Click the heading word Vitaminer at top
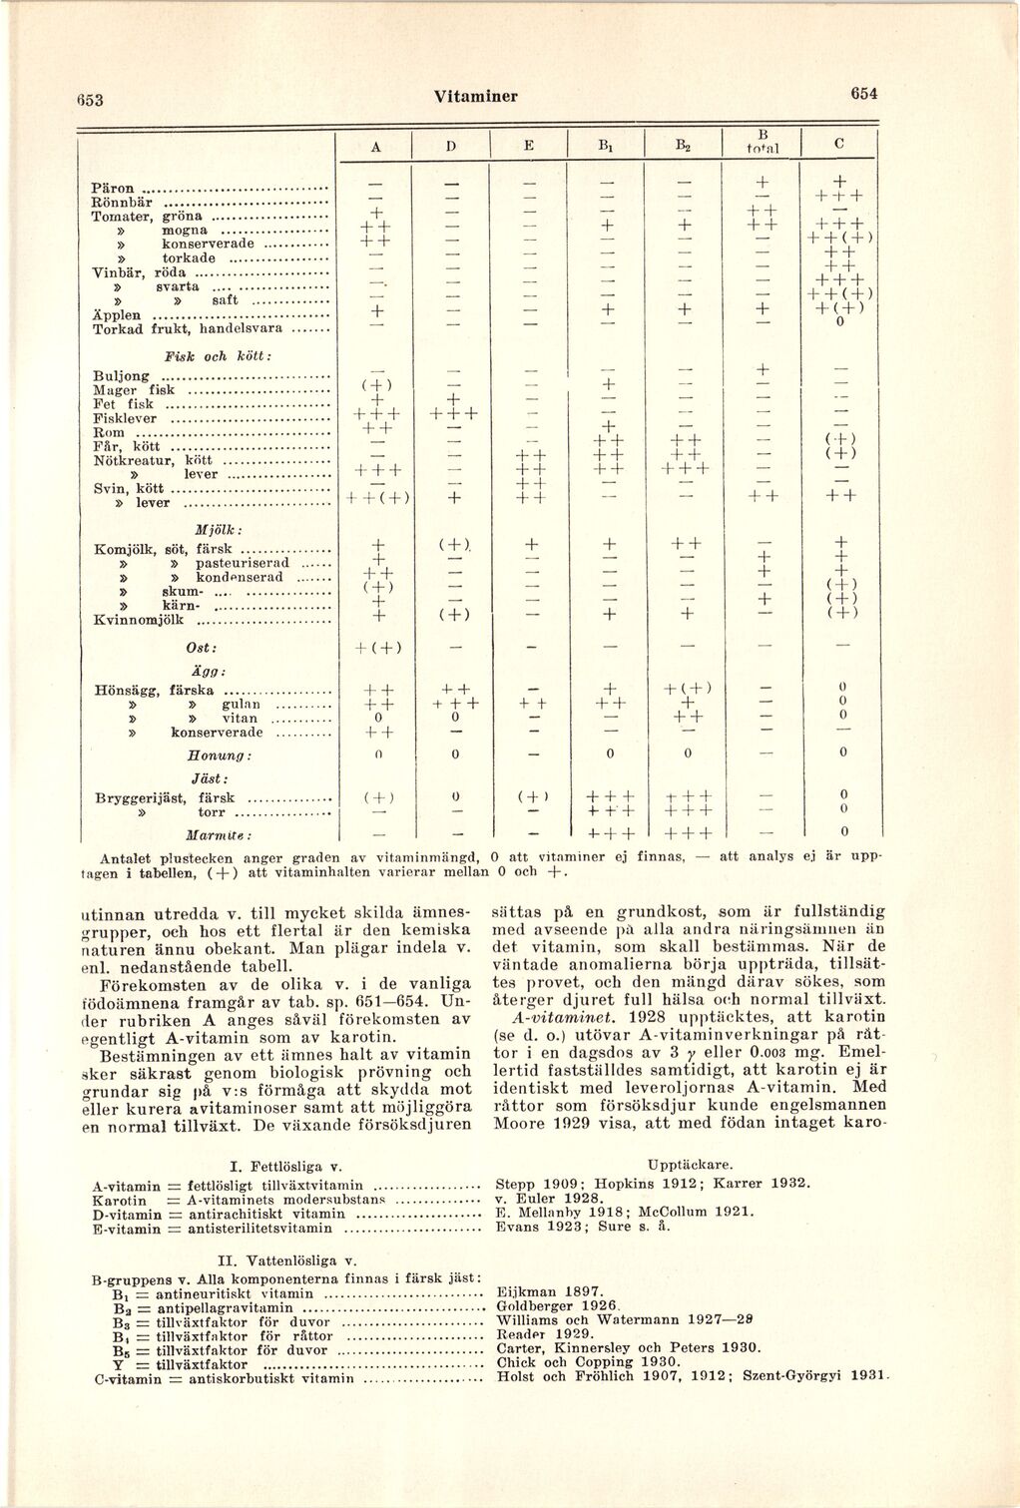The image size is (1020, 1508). (475, 96)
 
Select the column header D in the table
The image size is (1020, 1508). (451, 145)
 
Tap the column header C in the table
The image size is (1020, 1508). (839, 143)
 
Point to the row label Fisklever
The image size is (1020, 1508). (128, 419)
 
